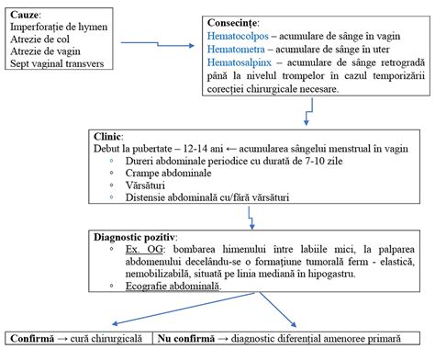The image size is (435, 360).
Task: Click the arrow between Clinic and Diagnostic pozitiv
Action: [250, 215]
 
